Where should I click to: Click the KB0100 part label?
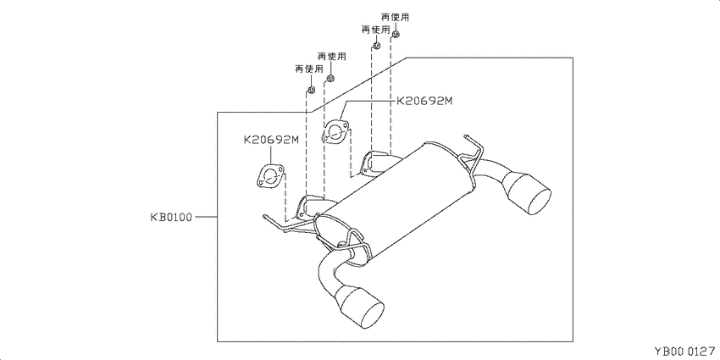(170, 217)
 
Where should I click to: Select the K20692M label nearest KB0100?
(271, 140)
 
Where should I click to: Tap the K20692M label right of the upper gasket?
(424, 102)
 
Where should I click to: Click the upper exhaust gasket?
(335, 131)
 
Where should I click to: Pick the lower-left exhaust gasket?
(269, 177)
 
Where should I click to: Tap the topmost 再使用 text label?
(395, 18)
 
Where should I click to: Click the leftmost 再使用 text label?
(308, 69)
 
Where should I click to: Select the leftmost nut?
(310, 90)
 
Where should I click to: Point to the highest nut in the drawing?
(396, 34)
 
